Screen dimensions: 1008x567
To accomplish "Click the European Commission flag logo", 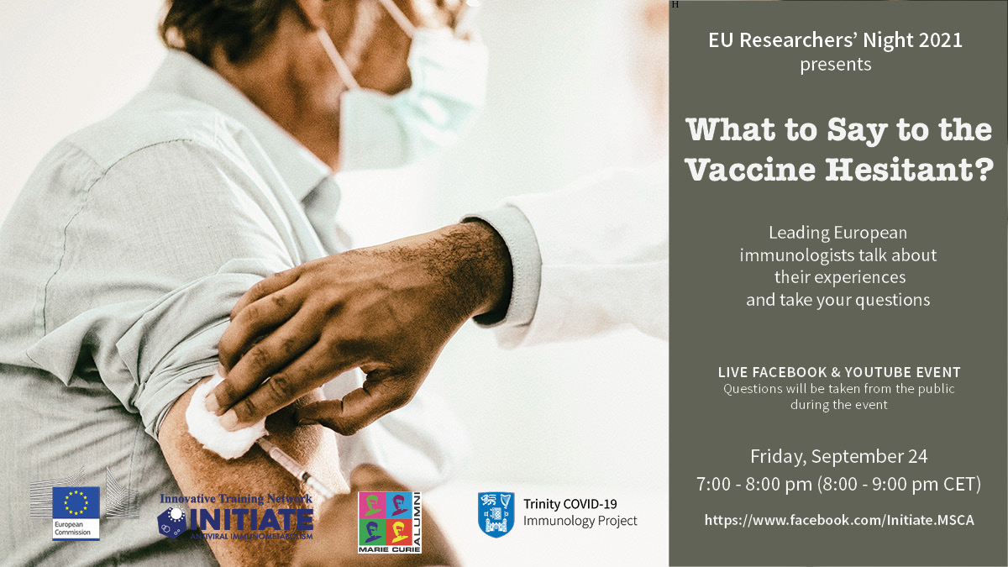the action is tap(76, 513).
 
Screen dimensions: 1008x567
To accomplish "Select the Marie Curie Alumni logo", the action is tap(390, 522).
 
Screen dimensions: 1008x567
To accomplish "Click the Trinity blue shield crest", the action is tap(496, 514).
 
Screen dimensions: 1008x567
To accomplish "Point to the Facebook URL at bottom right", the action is tap(839, 520).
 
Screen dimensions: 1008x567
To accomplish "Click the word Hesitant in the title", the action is tap(910, 170).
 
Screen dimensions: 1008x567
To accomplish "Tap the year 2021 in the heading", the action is tap(940, 40).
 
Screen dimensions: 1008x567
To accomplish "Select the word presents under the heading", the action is tap(836, 65).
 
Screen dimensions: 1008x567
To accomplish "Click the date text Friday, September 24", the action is tap(839, 457).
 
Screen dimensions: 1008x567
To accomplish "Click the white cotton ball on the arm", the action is tap(223, 421).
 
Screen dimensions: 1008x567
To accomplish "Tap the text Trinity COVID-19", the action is tap(570, 504).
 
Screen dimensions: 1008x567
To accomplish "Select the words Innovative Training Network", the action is tap(236, 499).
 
